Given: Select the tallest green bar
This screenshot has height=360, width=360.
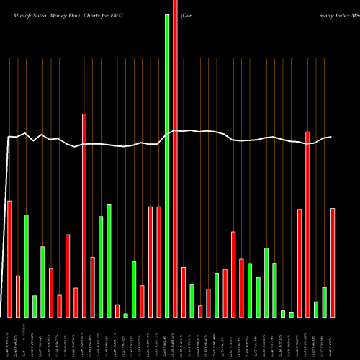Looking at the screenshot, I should coord(167,166).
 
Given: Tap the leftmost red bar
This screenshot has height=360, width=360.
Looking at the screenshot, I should coord(9,259).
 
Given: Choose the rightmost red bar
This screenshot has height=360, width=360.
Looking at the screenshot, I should coord(333,263).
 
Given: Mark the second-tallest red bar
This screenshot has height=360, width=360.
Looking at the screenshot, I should coord(84,215).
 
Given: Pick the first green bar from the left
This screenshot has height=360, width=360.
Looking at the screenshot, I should coord(26,266).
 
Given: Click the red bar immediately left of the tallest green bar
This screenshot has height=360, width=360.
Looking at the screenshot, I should coord(158,262).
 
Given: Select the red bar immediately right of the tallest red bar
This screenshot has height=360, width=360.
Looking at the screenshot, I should coord(184,292).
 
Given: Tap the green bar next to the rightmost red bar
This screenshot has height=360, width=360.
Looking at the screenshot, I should coord(325,302).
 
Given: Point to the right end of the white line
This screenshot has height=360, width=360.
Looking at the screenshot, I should coord(331,137).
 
